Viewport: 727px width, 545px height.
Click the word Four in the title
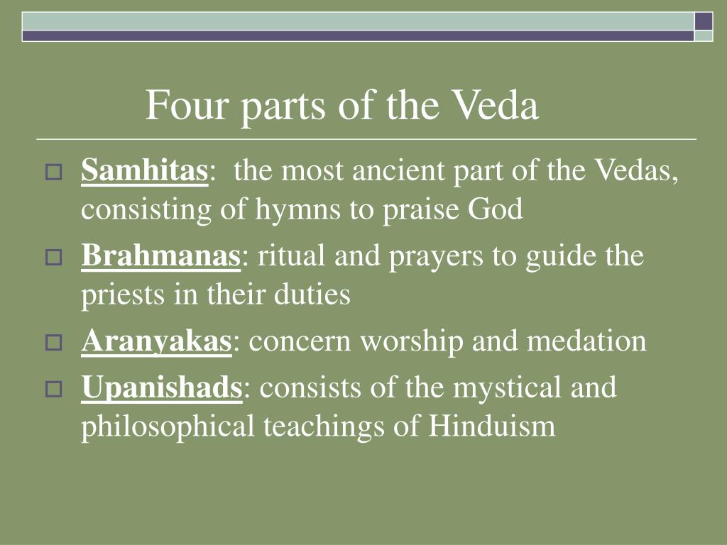click(x=187, y=105)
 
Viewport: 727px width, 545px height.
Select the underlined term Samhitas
click(x=145, y=170)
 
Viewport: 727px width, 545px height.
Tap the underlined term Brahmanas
click(x=161, y=255)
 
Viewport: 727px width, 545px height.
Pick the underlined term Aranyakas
click(x=156, y=341)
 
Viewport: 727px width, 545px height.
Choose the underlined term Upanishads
click(x=162, y=387)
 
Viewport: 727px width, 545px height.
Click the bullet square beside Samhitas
click(x=54, y=172)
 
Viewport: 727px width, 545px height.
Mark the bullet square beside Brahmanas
click(x=54, y=257)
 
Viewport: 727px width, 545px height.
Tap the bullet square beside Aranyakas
click(x=54, y=343)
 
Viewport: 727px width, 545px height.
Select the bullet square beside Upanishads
click(x=54, y=389)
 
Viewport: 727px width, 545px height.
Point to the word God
click(x=495, y=209)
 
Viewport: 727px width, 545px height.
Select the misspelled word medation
click(x=586, y=341)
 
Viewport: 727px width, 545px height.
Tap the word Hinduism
click(x=492, y=426)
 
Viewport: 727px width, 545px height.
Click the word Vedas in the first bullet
click(x=636, y=170)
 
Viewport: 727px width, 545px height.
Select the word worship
click(x=412, y=343)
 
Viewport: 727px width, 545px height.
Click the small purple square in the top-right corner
click(x=704, y=21)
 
